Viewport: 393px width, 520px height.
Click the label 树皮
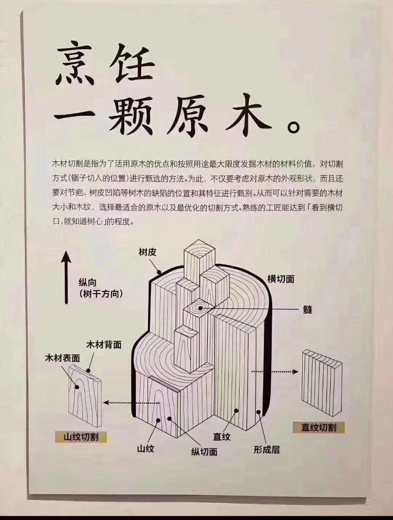point(147,252)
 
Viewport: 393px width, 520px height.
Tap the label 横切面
point(281,279)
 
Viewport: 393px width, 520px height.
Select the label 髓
point(307,309)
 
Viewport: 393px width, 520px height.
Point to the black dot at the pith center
point(200,308)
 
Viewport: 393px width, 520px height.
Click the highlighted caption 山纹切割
point(81,437)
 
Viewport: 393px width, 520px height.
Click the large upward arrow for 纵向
point(66,277)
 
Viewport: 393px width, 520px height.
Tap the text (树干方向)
point(101,294)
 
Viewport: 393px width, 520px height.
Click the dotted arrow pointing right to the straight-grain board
point(274,372)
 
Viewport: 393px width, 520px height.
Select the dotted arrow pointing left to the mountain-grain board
point(132,403)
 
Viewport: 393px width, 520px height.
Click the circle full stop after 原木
point(294,128)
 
